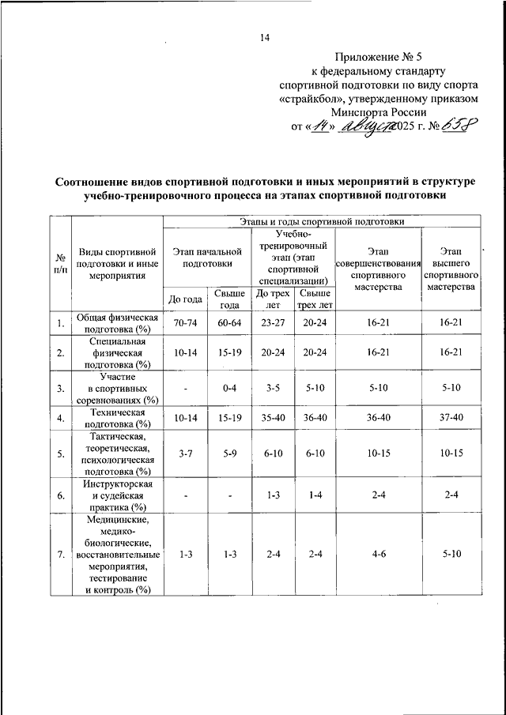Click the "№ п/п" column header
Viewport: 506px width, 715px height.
tap(60, 263)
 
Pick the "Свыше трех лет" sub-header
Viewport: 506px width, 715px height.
tap(314, 298)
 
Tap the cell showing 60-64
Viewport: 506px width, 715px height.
tap(229, 323)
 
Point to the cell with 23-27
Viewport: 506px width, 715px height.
tap(271, 323)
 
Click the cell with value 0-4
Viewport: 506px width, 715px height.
tap(229, 388)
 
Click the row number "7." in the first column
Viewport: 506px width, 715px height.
tap(60, 555)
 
